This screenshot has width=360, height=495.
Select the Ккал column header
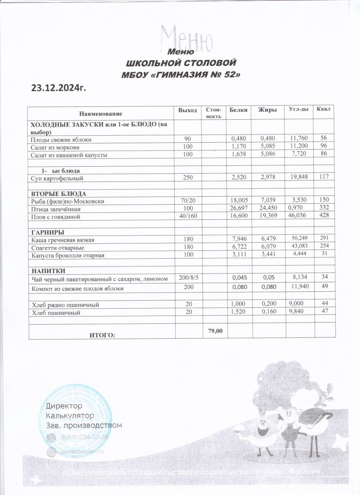coord(323,109)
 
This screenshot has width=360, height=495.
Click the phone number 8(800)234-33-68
coord(85,437)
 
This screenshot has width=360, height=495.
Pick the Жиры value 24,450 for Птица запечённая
coord(270,209)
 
